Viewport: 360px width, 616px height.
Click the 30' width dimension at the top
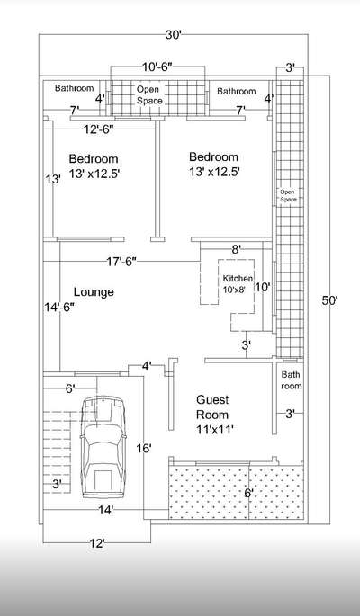click(x=173, y=35)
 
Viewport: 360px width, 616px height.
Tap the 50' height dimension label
click(x=329, y=301)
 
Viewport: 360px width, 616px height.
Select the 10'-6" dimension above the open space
click(x=157, y=67)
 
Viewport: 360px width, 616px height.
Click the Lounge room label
click(x=94, y=292)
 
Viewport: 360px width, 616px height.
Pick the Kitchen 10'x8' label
click(x=238, y=282)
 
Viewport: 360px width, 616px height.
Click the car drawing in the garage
click(x=103, y=447)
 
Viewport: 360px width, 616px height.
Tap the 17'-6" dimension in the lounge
click(x=121, y=262)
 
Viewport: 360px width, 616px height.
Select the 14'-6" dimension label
click(x=59, y=308)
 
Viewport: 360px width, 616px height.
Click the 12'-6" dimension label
click(x=99, y=129)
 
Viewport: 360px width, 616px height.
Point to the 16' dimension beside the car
click(x=144, y=448)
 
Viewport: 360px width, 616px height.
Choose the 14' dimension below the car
click(x=106, y=510)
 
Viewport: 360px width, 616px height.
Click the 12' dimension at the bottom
click(x=97, y=544)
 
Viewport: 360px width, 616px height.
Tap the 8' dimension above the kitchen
click(x=236, y=249)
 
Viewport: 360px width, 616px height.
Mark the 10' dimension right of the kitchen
click(x=263, y=287)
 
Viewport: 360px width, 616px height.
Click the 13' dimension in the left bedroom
click(x=53, y=180)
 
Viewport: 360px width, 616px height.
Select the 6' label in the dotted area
click(x=248, y=493)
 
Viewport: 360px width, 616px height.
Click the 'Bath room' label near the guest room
click(x=292, y=379)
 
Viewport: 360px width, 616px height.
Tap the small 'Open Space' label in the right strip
click(x=288, y=196)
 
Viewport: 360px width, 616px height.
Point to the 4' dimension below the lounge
click(x=147, y=366)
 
